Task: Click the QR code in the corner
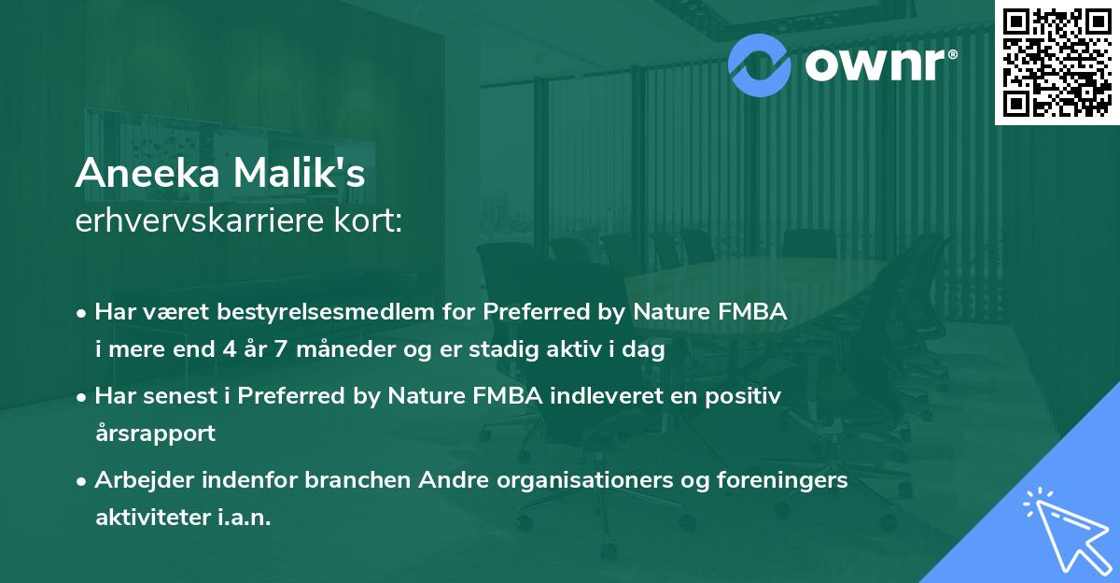click(x=1057, y=63)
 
